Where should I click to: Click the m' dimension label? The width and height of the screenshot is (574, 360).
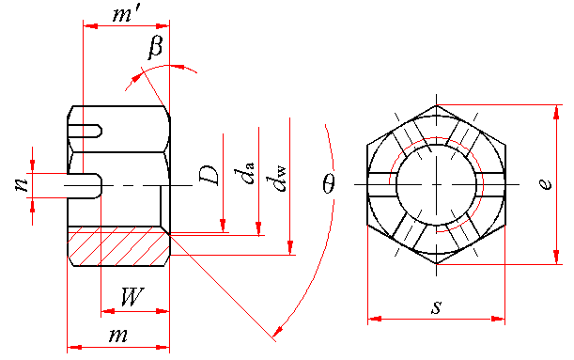126,15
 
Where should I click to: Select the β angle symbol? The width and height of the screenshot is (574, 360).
155,47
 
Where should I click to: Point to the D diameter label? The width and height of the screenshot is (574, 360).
209,175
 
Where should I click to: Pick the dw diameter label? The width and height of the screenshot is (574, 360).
276,179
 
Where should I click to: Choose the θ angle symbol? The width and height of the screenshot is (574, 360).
329,182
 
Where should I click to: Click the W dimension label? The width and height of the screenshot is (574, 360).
132,297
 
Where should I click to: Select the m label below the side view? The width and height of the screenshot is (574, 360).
118,336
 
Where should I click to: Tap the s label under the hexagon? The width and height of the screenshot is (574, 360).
436,307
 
